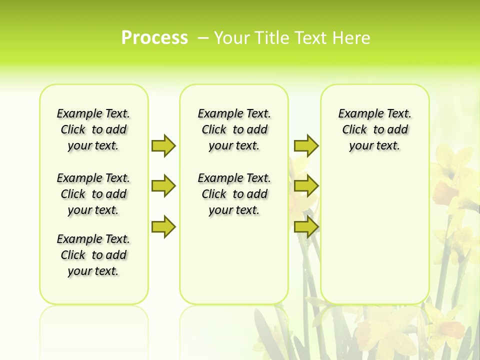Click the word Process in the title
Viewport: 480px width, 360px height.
[154, 37]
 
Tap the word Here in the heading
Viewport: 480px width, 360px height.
[351, 38]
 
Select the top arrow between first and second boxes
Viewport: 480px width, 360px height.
[163, 145]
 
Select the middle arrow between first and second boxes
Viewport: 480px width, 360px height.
[163, 186]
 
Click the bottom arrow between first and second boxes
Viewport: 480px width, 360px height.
[163, 226]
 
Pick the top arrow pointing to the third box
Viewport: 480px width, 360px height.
[306, 145]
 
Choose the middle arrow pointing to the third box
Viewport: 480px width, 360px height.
[306, 186]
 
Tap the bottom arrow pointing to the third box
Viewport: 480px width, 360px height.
[306, 226]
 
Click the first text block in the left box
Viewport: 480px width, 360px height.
[93, 129]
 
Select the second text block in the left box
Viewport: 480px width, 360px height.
[93, 194]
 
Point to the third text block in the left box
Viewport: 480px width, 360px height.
[93, 255]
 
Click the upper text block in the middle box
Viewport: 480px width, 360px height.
[234, 129]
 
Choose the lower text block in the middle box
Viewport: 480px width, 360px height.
[234, 194]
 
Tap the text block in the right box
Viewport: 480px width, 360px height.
[375, 129]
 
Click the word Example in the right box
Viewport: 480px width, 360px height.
[357, 114]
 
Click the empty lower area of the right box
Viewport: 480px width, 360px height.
[375, 240]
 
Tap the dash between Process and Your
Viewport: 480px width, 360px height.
[203, 38]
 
